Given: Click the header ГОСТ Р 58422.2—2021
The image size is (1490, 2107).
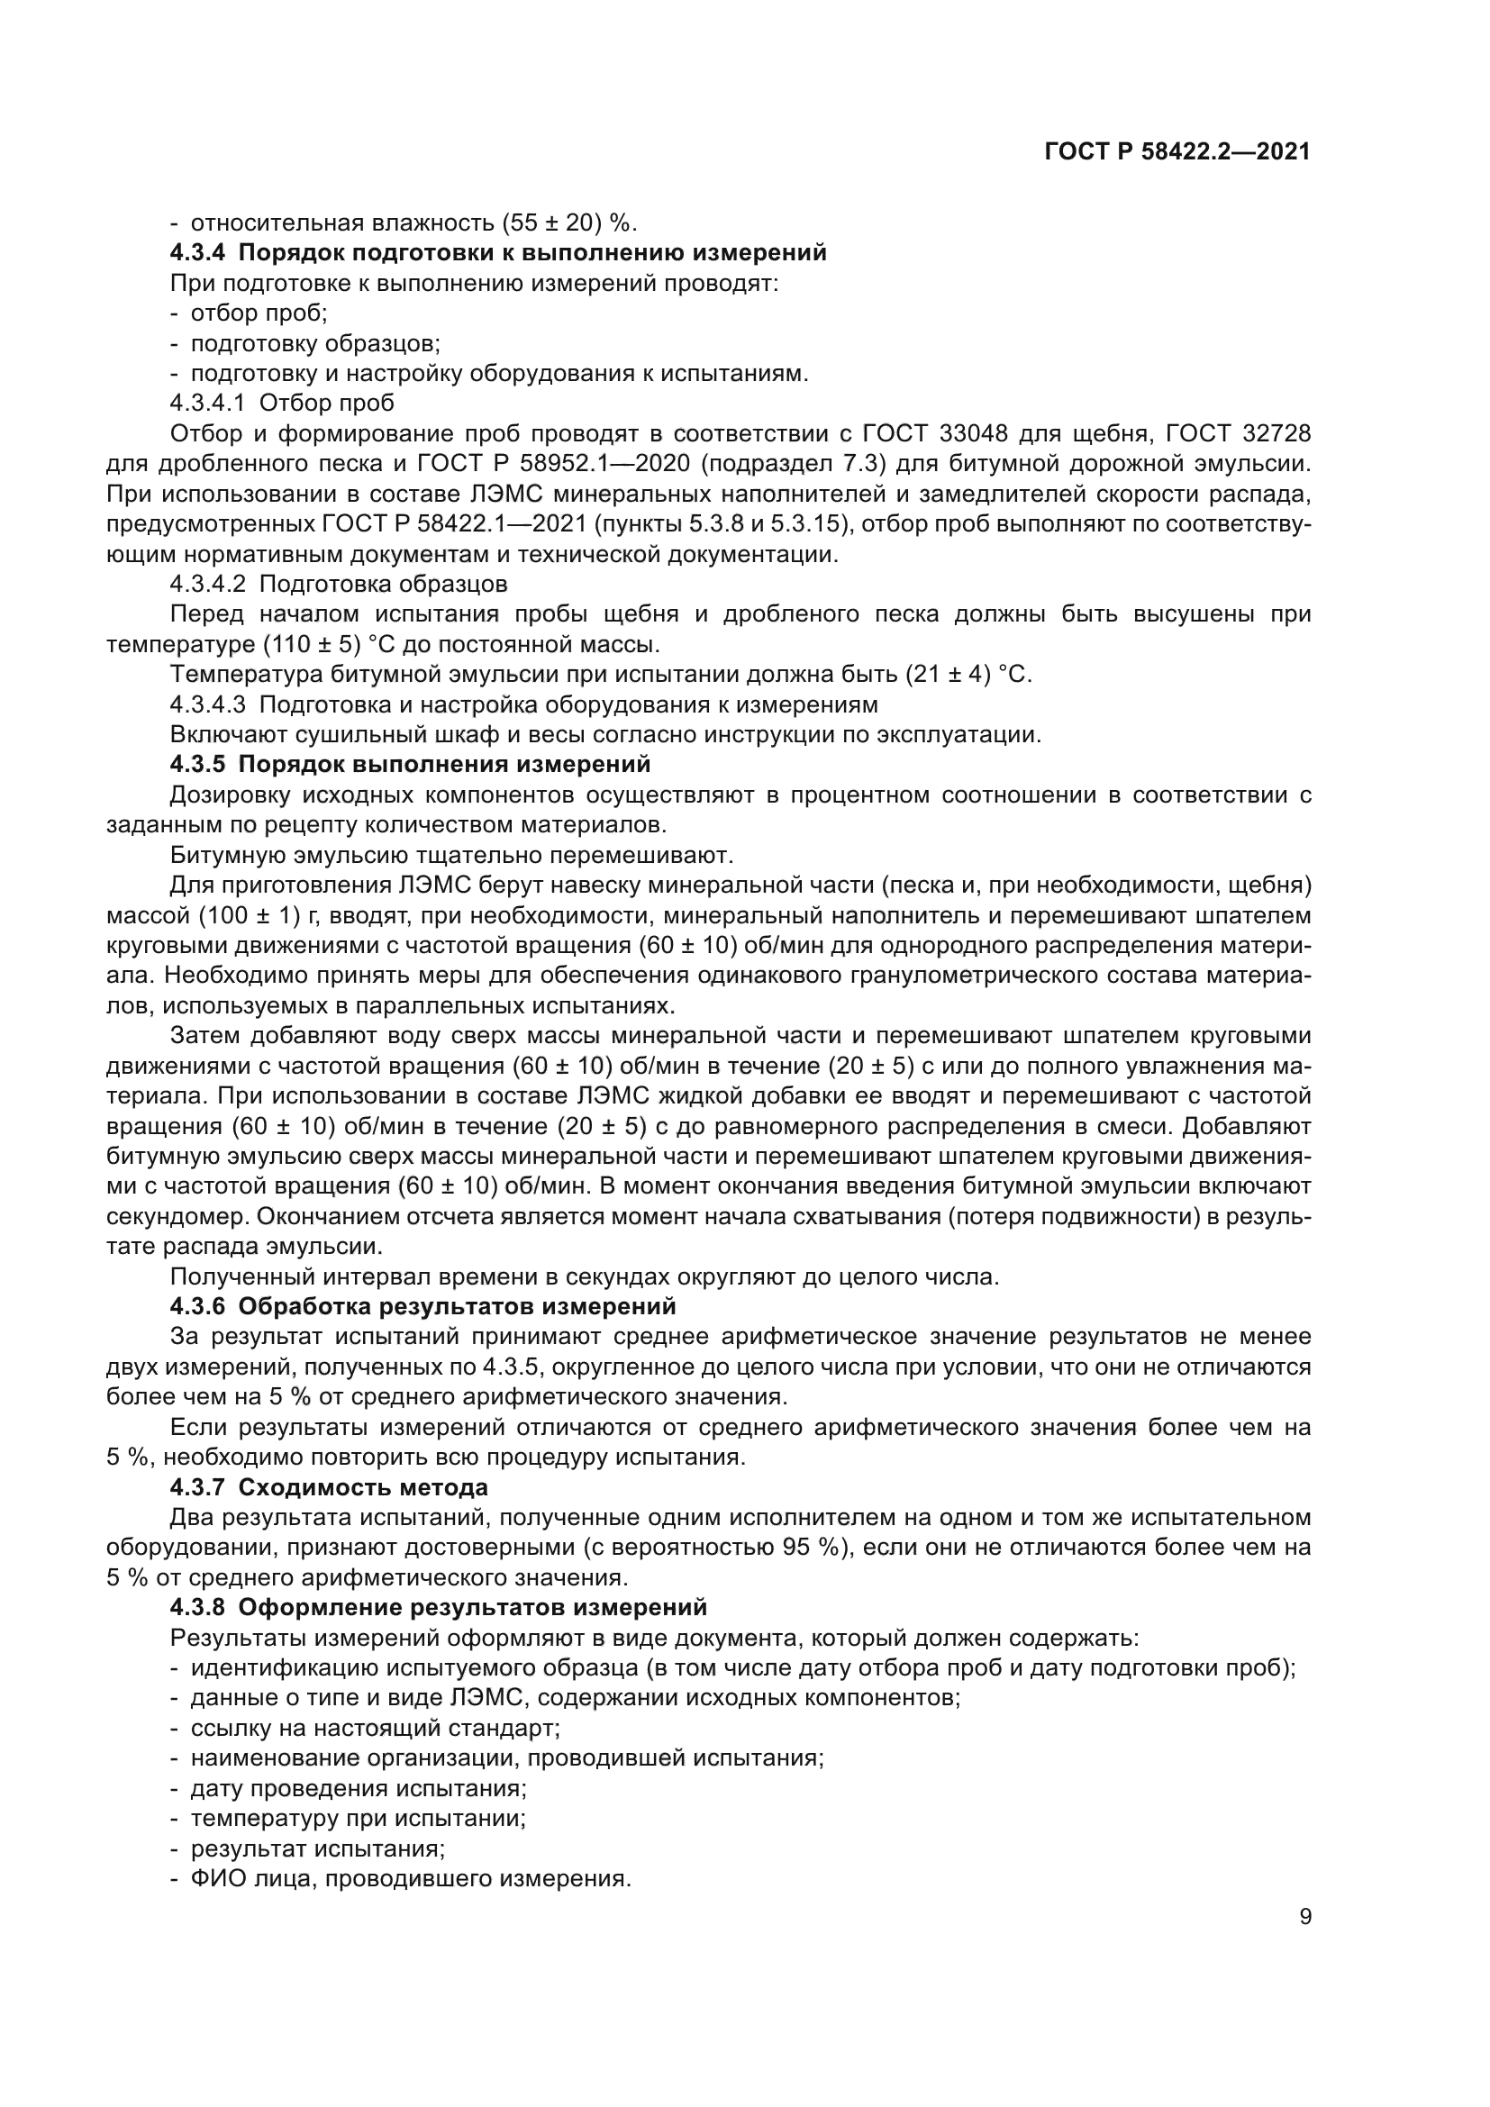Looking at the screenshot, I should [x=1177, y=152].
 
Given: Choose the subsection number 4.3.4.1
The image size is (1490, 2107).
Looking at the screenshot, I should [x=207, y=403].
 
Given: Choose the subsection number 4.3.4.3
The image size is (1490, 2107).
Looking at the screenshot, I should [x=207, y=704].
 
